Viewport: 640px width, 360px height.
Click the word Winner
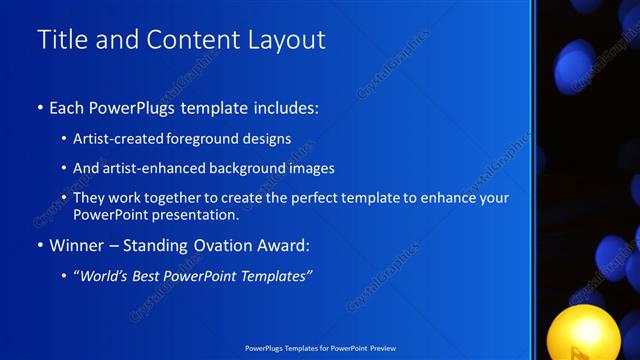77,243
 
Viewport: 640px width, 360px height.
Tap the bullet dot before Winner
39,244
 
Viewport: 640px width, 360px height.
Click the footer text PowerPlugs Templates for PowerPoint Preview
320,349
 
